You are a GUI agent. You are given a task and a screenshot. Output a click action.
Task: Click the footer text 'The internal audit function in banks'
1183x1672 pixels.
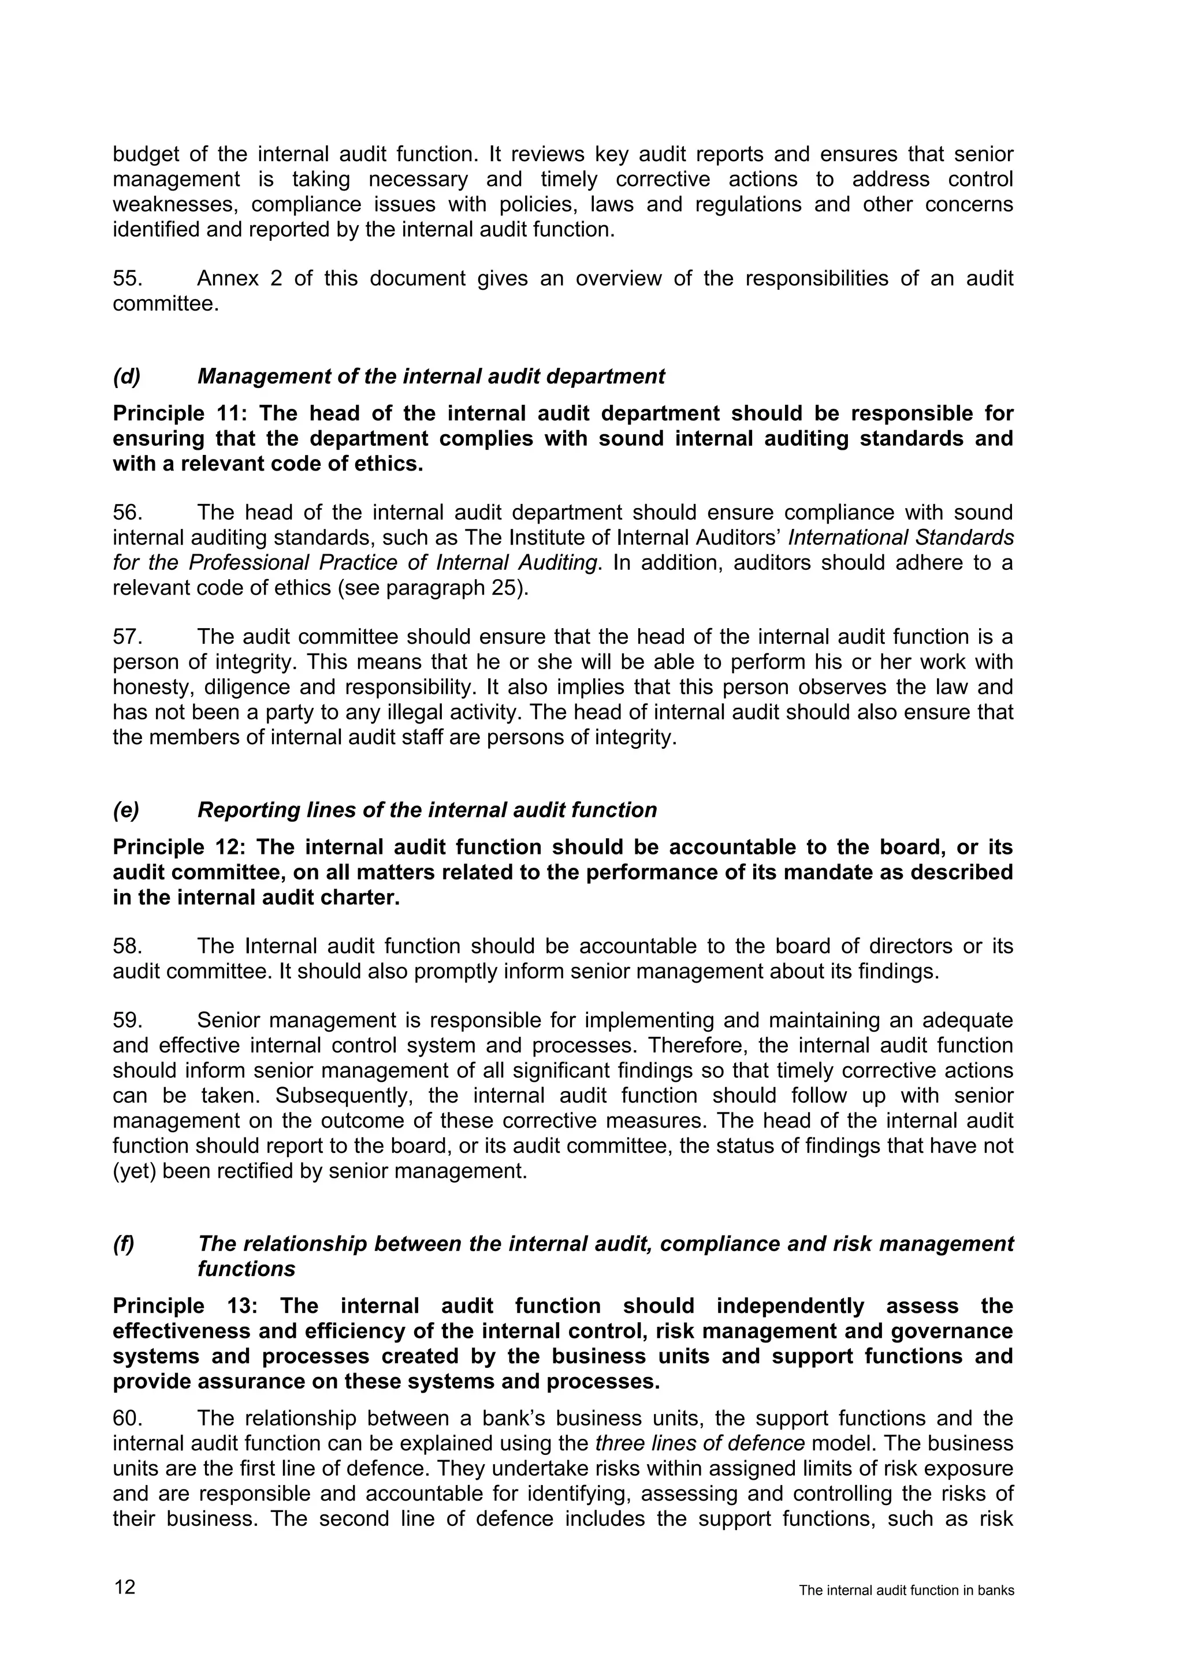coord(906,1591)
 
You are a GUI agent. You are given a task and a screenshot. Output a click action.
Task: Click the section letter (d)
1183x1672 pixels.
coord(126,376)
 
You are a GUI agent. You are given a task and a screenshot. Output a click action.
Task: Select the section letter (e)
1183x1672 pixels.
coord(126,811)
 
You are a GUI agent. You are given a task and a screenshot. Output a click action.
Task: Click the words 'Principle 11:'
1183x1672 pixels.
coord(180,413)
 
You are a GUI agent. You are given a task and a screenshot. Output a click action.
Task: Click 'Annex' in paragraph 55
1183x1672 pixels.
coord(227,279)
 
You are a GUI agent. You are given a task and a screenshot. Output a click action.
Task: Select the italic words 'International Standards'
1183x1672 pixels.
coord(901,538)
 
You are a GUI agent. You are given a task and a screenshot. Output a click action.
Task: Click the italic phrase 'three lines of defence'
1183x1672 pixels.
coord(700,1443)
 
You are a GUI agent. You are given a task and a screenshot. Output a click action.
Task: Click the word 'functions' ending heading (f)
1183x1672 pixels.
coord(246,1269)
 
